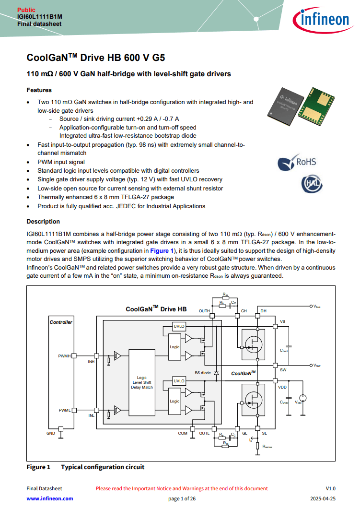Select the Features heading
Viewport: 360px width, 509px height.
(39, 90)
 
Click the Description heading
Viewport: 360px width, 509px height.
(43, 222)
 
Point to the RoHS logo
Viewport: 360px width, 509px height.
(297, 162)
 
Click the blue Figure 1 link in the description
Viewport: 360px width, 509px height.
(162, 251)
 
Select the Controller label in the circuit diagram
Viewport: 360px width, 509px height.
(61, 322)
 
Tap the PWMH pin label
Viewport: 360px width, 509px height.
(64, 355)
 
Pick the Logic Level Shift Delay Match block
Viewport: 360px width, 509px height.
(142, 382)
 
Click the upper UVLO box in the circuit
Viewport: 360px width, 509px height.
(179, 327)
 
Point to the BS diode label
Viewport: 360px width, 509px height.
(202, 373)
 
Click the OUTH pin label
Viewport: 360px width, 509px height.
(204, 311)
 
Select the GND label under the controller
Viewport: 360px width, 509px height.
(51, 433)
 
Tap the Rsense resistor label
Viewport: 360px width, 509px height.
(267, 447)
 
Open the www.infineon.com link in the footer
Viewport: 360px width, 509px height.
(50, 498)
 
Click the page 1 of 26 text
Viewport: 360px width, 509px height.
(182, 498)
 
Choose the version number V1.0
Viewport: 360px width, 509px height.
(331, 488)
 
